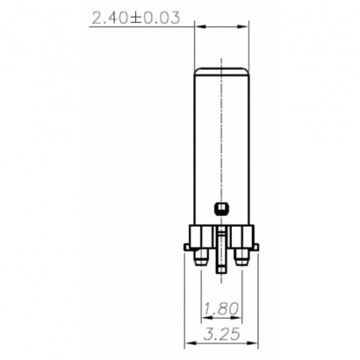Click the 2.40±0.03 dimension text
coord(140,16)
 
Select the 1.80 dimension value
coord(220,309)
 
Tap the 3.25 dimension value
coord(220,335)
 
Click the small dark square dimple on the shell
coord(220,209)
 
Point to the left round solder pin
coord(202,258)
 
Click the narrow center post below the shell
coord(220,239)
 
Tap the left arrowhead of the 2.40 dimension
coord(198,25)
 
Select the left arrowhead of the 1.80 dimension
coord(204,317)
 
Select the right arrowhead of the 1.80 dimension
coord(239,317)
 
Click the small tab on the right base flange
coord(255,248)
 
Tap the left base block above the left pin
coord(202,236)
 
